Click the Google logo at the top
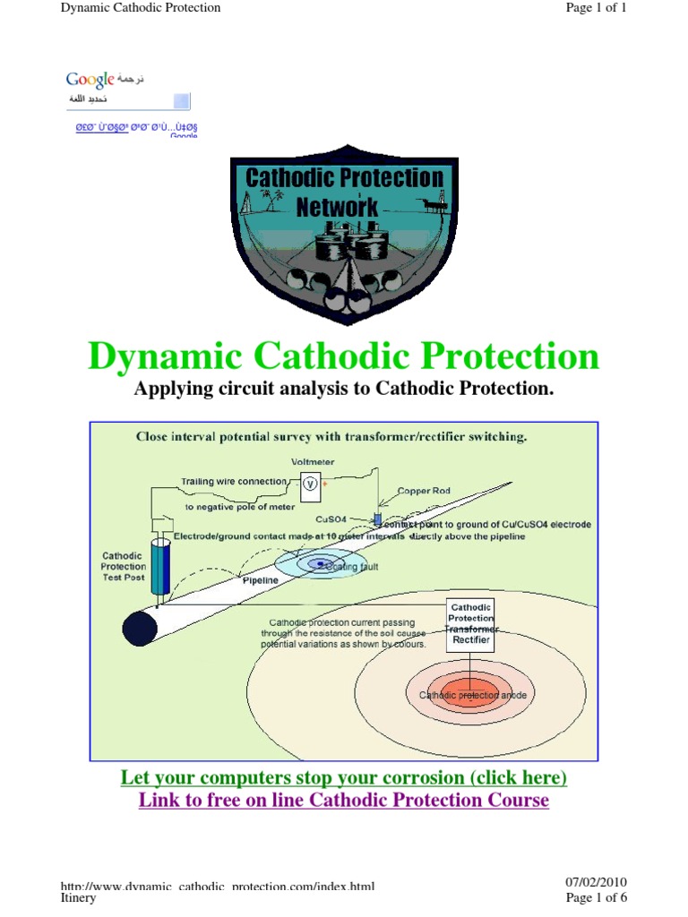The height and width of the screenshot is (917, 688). (x=90, y=80)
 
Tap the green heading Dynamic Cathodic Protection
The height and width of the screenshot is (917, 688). (x=344, y=356)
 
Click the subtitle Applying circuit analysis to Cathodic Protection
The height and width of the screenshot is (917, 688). (x=344, y=389)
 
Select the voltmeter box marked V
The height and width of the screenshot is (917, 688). (x=311, y=483)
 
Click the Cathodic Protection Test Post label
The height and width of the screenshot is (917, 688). (x=124, y=566)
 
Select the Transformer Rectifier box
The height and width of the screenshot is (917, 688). (x=470, y=624)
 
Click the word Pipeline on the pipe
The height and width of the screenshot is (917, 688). (x=261, y=580)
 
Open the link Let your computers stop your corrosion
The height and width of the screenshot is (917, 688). (x=344, y=777)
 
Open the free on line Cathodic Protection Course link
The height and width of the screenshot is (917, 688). (x=344, y=800)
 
